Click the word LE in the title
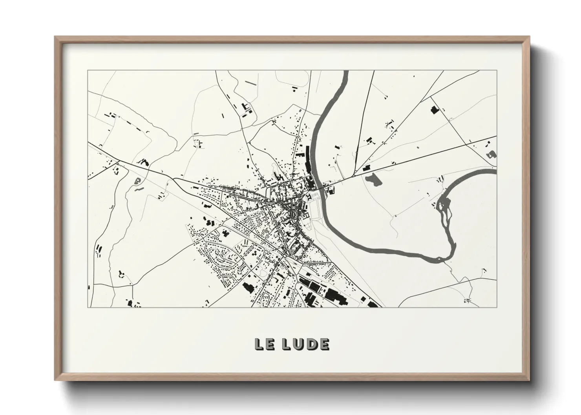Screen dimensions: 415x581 click(265, 344)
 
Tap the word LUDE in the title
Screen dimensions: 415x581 click(306, 344)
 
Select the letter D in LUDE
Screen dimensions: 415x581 click(312, 344)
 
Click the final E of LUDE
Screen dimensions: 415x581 click(324, 344)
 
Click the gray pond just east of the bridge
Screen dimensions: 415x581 click(373, 180)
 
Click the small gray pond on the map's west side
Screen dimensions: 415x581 click(137, 181)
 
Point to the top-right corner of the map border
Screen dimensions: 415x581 click(497, 71)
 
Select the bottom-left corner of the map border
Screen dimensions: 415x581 click(88, 307)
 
